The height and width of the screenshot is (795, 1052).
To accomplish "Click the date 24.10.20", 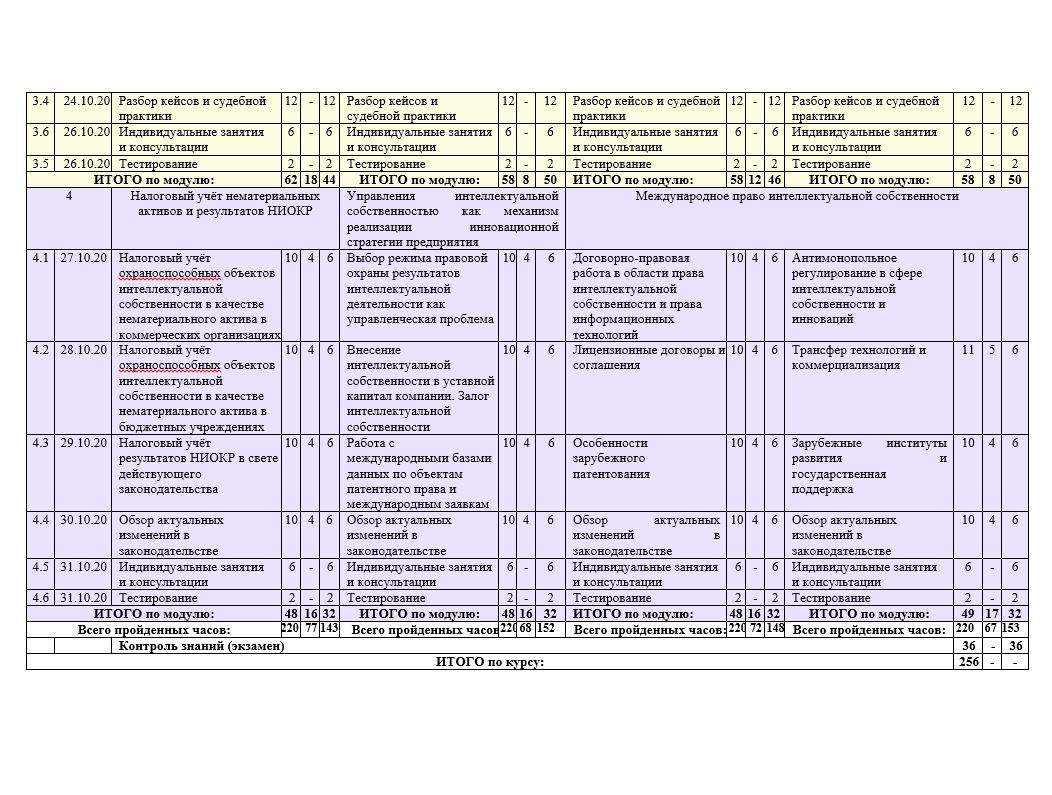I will point(84,101).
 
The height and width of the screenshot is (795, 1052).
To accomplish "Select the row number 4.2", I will point(40,351).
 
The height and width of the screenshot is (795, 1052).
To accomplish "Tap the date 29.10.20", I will point(84,443).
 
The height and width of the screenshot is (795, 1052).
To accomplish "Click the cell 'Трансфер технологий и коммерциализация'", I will point(859,358).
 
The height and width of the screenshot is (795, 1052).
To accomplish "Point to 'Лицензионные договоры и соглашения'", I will point(648,358).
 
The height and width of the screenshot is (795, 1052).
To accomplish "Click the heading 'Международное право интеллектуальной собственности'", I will point(796,196).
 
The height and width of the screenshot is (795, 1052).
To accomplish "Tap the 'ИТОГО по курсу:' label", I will point(489,662).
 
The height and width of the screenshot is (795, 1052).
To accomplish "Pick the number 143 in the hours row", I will point(328,629).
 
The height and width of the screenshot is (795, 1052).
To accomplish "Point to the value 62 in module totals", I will point(291,180).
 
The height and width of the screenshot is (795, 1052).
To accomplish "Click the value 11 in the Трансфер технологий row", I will point(968,351).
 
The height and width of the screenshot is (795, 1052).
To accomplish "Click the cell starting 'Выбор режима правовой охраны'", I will point(420,289).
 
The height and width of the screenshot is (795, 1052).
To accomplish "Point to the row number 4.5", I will point(40,567).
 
